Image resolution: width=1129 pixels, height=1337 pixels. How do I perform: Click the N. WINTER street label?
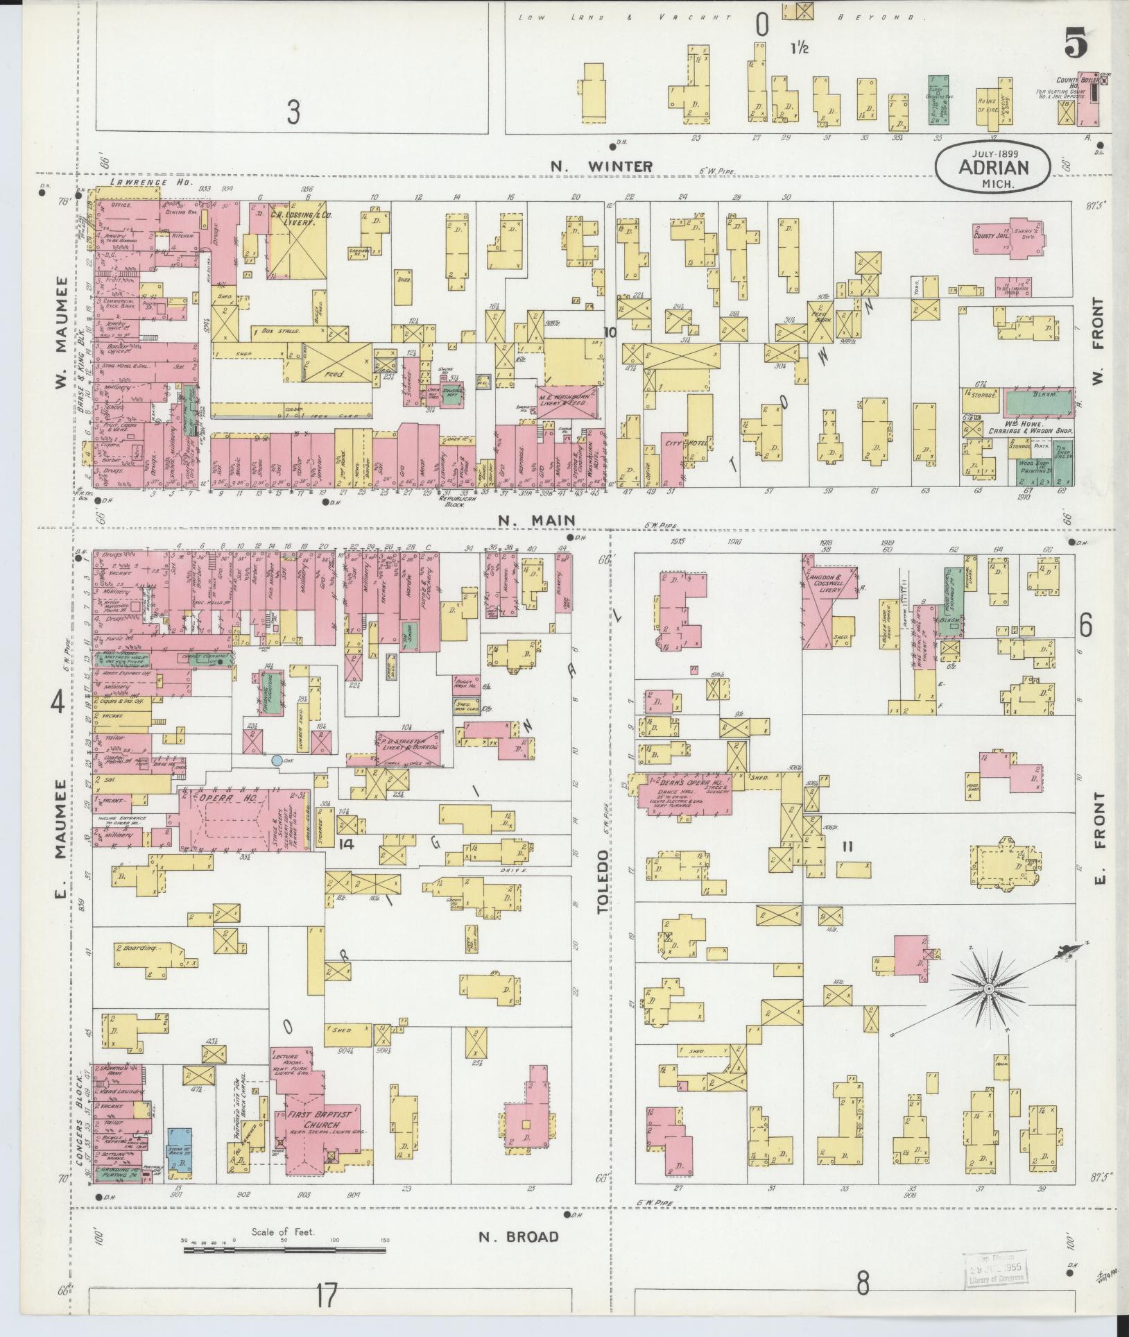point(601,167)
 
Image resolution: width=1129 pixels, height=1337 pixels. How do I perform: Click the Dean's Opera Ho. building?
point(687,794)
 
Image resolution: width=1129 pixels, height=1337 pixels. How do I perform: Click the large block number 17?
point(326,1295)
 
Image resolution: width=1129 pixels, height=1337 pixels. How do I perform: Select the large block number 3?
point(293,112)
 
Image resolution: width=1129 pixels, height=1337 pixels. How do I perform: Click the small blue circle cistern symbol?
point(277,760)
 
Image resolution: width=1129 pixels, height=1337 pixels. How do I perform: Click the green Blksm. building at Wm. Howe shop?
point(1036,404)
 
